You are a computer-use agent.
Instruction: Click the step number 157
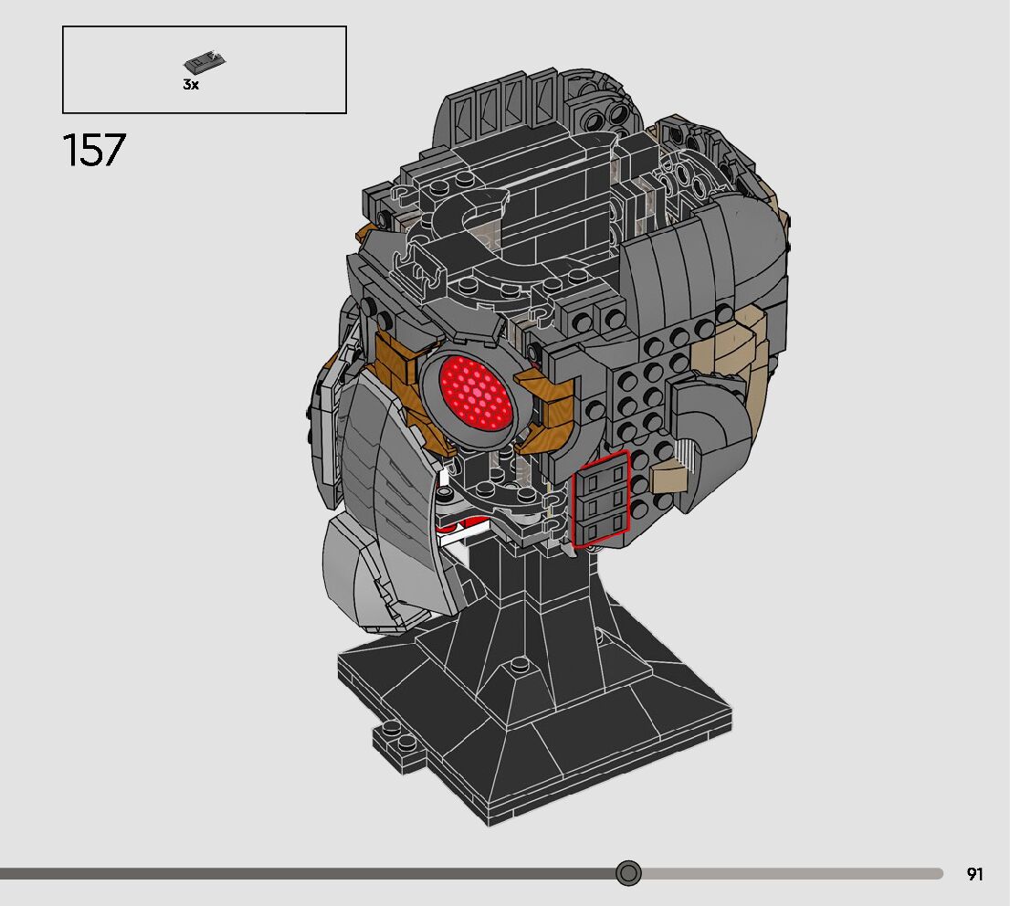coord(94,150)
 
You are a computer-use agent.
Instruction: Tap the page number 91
coord(974,874)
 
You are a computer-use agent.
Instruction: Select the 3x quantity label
coord(191,84)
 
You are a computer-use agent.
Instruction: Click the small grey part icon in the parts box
coord(205,61)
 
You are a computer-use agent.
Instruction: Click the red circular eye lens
coord(477,391)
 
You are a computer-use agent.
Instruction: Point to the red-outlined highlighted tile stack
coord(600,500)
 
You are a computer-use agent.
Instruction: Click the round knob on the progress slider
coord(628,873)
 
